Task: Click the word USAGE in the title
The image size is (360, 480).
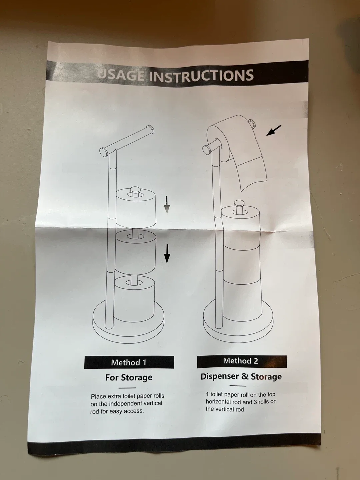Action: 120,74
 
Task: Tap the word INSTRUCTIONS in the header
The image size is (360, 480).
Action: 201,76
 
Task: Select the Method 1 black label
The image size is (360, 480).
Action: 129,362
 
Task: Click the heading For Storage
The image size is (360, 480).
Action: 129,377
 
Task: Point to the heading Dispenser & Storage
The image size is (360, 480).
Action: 241,376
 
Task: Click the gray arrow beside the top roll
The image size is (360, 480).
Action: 167,205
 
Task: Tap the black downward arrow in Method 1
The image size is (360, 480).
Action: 167,253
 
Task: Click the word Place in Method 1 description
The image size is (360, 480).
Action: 98,397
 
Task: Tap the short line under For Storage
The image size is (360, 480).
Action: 127,388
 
